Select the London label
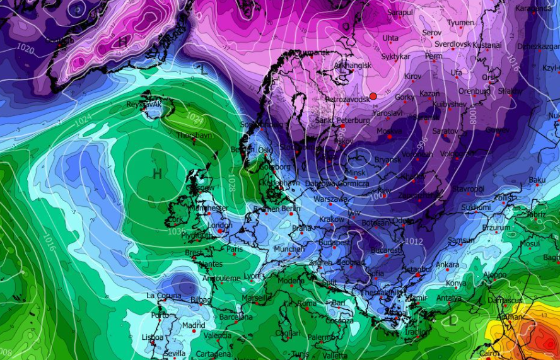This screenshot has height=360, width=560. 219,225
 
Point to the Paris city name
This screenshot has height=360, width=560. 235,248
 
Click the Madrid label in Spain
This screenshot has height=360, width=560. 194,325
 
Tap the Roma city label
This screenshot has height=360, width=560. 307,303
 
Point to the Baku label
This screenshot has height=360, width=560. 537,180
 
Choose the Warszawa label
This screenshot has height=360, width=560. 330,199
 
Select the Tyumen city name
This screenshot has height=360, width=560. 460,23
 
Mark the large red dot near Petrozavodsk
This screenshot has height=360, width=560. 373,96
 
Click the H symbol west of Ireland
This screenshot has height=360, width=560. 157,173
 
